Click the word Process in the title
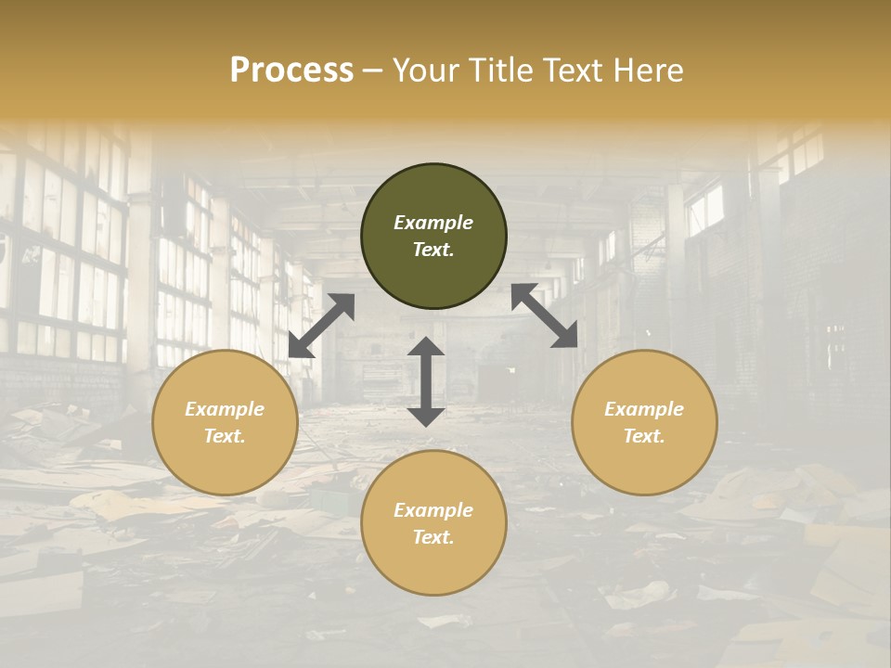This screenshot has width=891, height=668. click(291, 71)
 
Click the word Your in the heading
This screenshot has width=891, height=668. click(425, 71)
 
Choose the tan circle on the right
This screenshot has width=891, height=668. click(644, 459)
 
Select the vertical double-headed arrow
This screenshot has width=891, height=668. click(426, 381)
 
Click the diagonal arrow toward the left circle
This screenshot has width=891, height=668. click(321, 326)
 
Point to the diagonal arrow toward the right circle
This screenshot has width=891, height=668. click(545, 315)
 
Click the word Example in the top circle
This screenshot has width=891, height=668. click(433, 223)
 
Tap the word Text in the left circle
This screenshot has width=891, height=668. click(225, 436)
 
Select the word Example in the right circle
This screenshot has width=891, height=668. click(644, 409)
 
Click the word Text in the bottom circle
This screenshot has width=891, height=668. click(433, 537)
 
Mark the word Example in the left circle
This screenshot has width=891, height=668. click(225, 409)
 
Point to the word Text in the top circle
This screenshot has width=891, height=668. click(433, 250)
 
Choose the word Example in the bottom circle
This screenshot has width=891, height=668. click(433, 510)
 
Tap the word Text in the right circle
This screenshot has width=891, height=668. click(644, 436)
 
